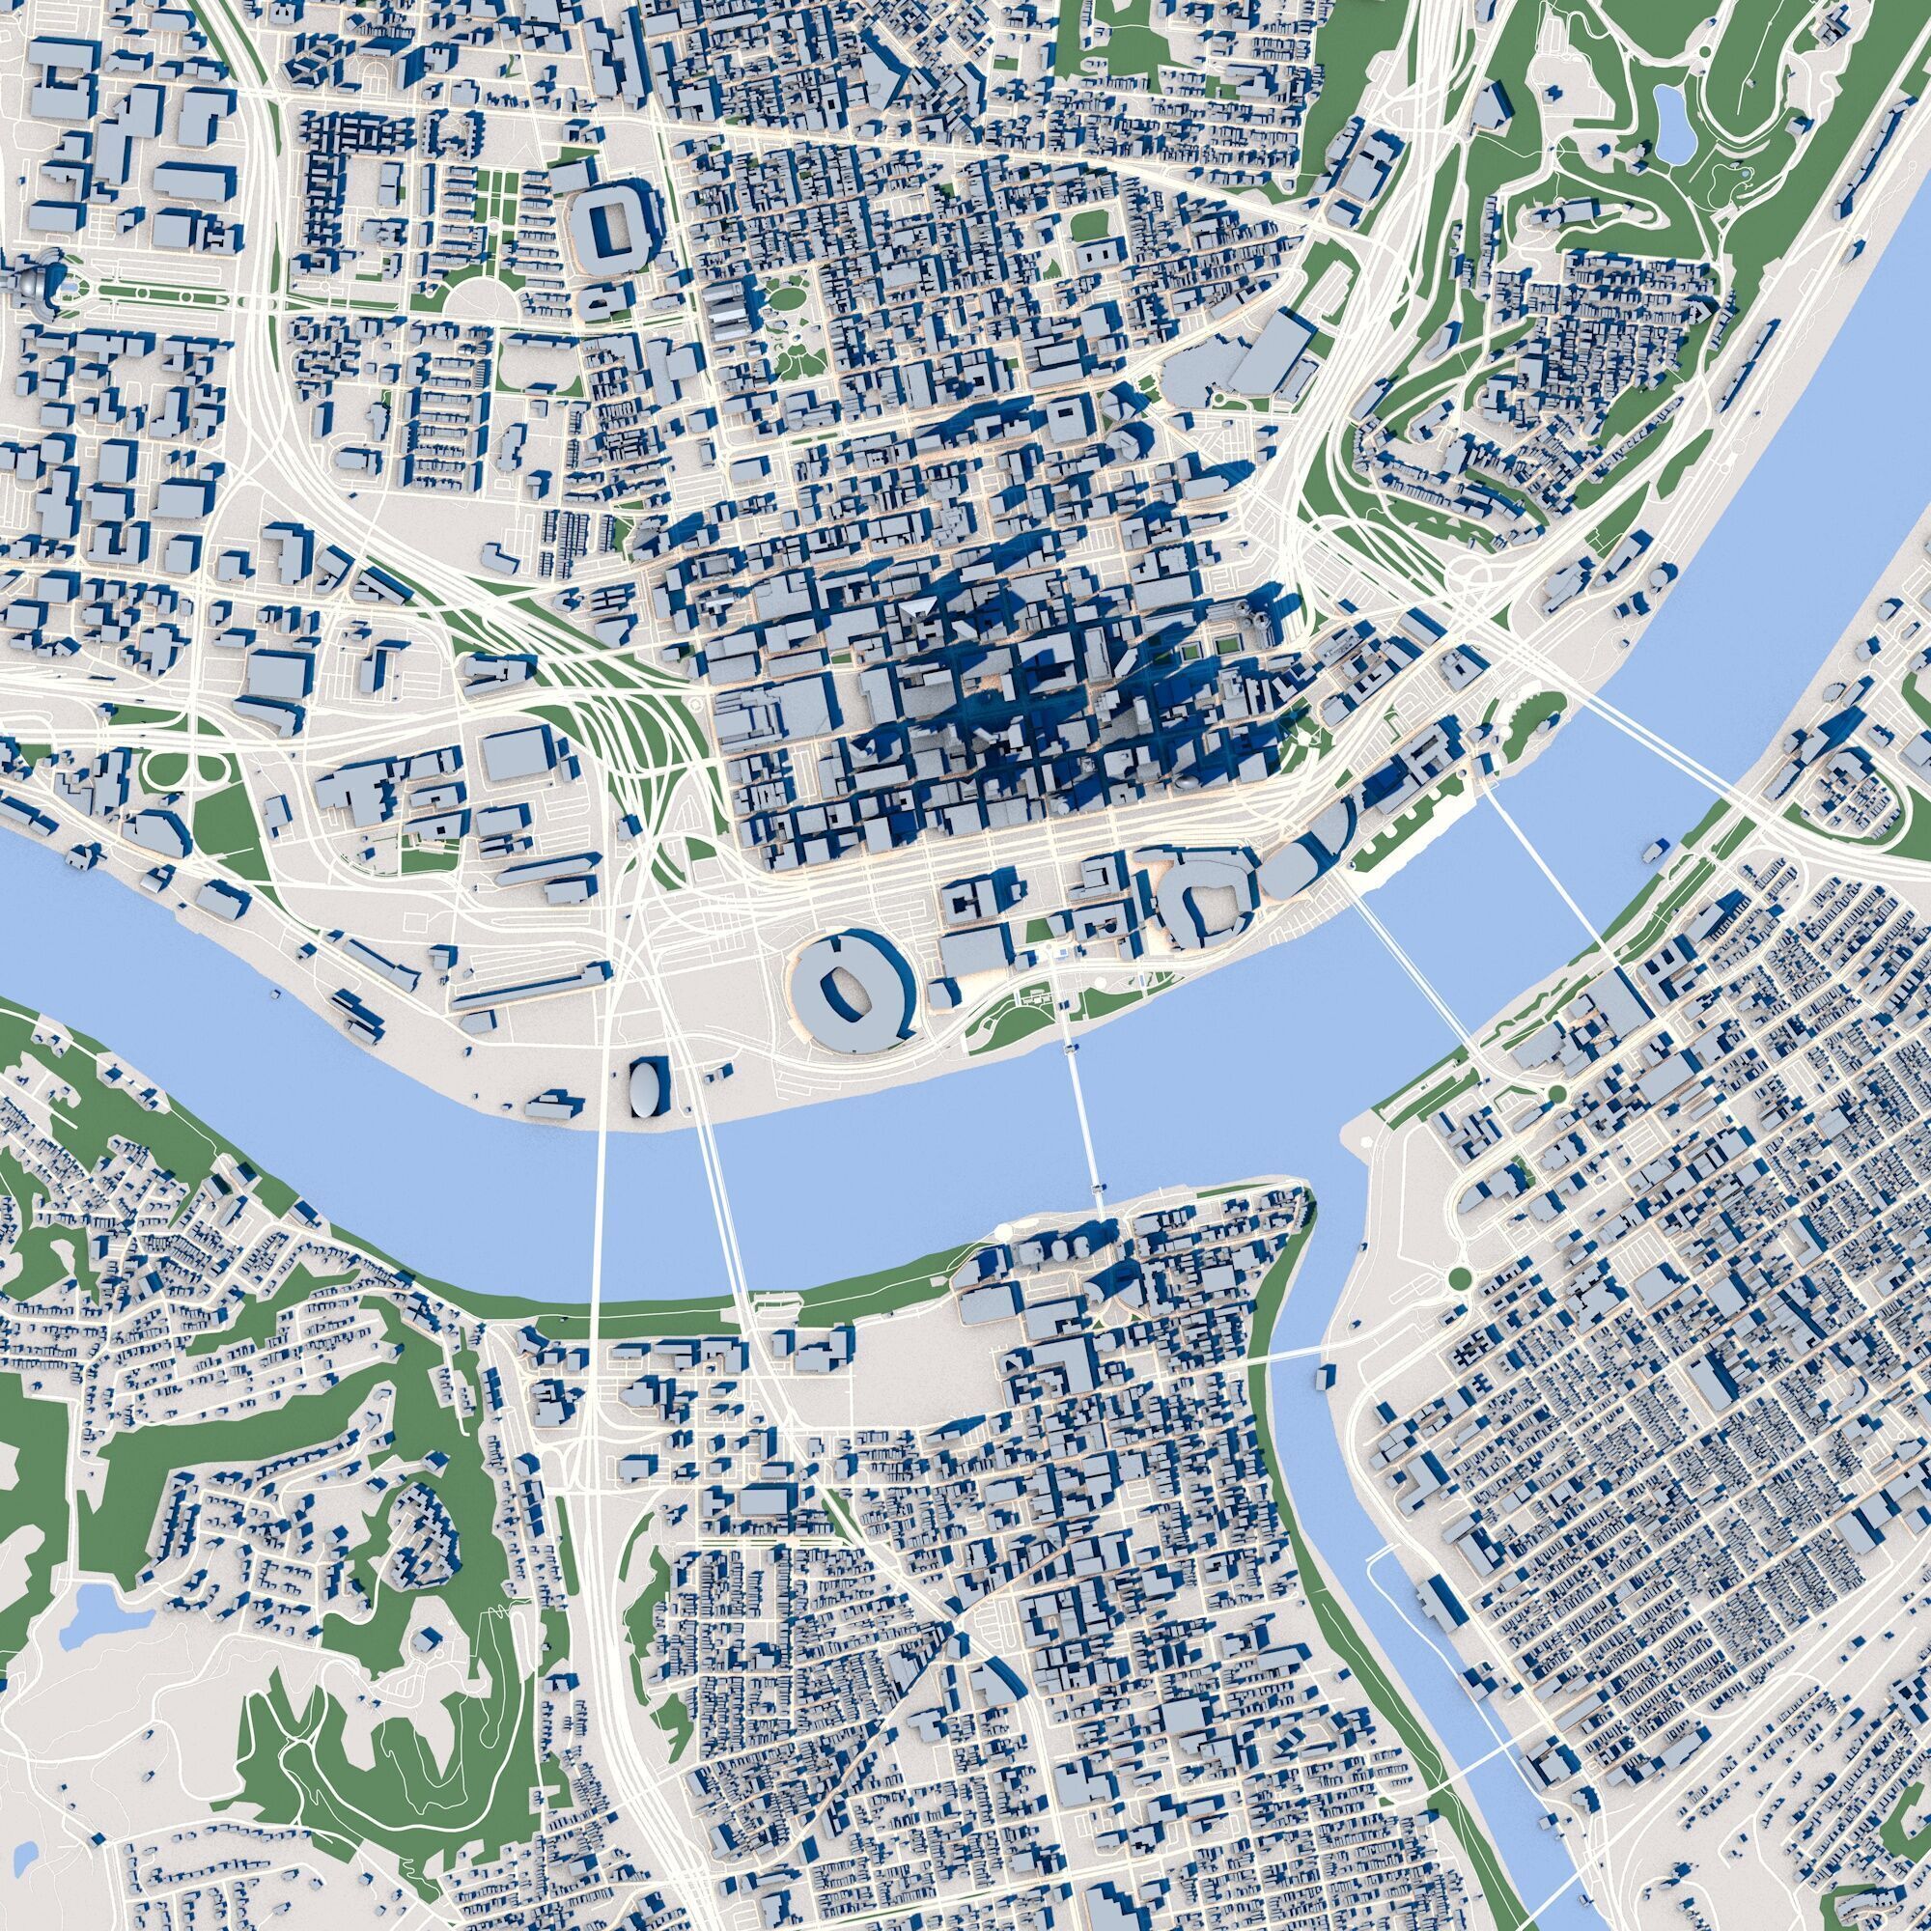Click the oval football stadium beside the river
point(851,989)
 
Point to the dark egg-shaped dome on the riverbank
point(647,1085)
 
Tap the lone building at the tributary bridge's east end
point(1326,1376)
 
